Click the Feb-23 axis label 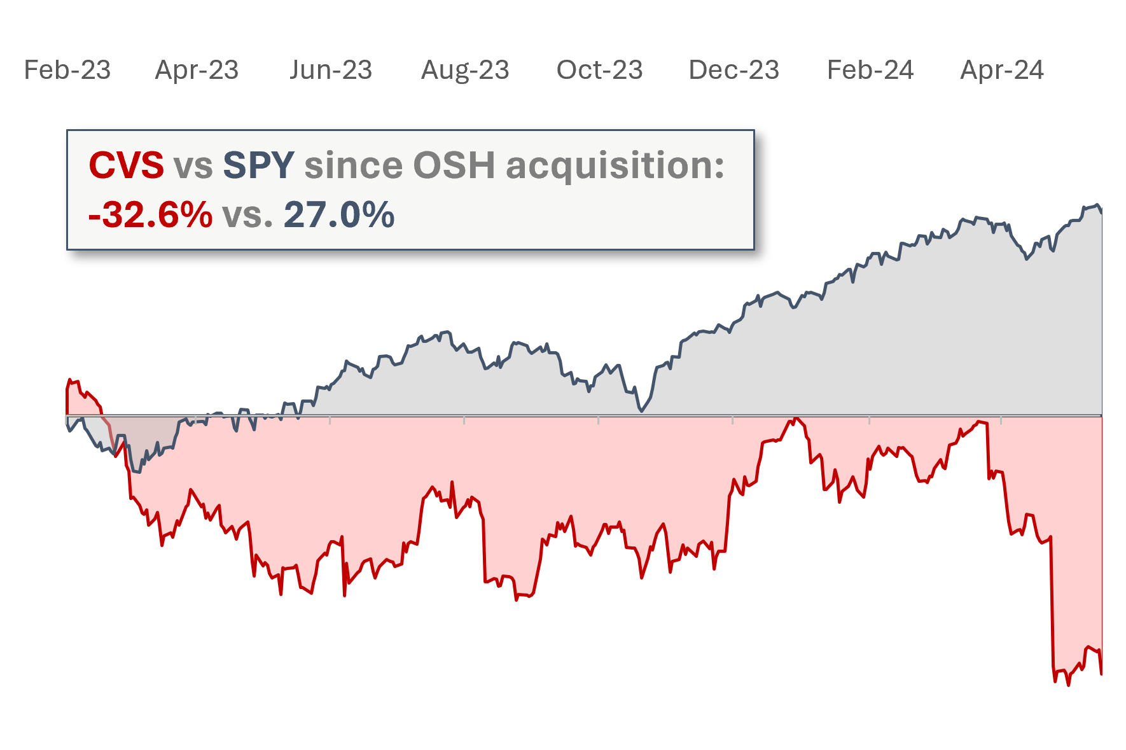click(67, 70)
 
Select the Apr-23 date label click(197, 70)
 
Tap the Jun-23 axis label click(331, 70)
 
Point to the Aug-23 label click(465, 70)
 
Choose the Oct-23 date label click(599, 70)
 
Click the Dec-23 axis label click(733, 70)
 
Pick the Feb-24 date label click(870, 70)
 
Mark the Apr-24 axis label click(1002, 70)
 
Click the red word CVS click(126, 165)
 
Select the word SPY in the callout click(258, 165)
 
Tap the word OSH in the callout click(454, 165)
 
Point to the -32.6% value click(150, 215)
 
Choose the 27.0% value click(338, 215)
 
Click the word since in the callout click(353, 165)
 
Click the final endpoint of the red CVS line click(1101, 674)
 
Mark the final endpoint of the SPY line click(1101, 211)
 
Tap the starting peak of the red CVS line click(69, 380)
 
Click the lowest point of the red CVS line click(1068, 685)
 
